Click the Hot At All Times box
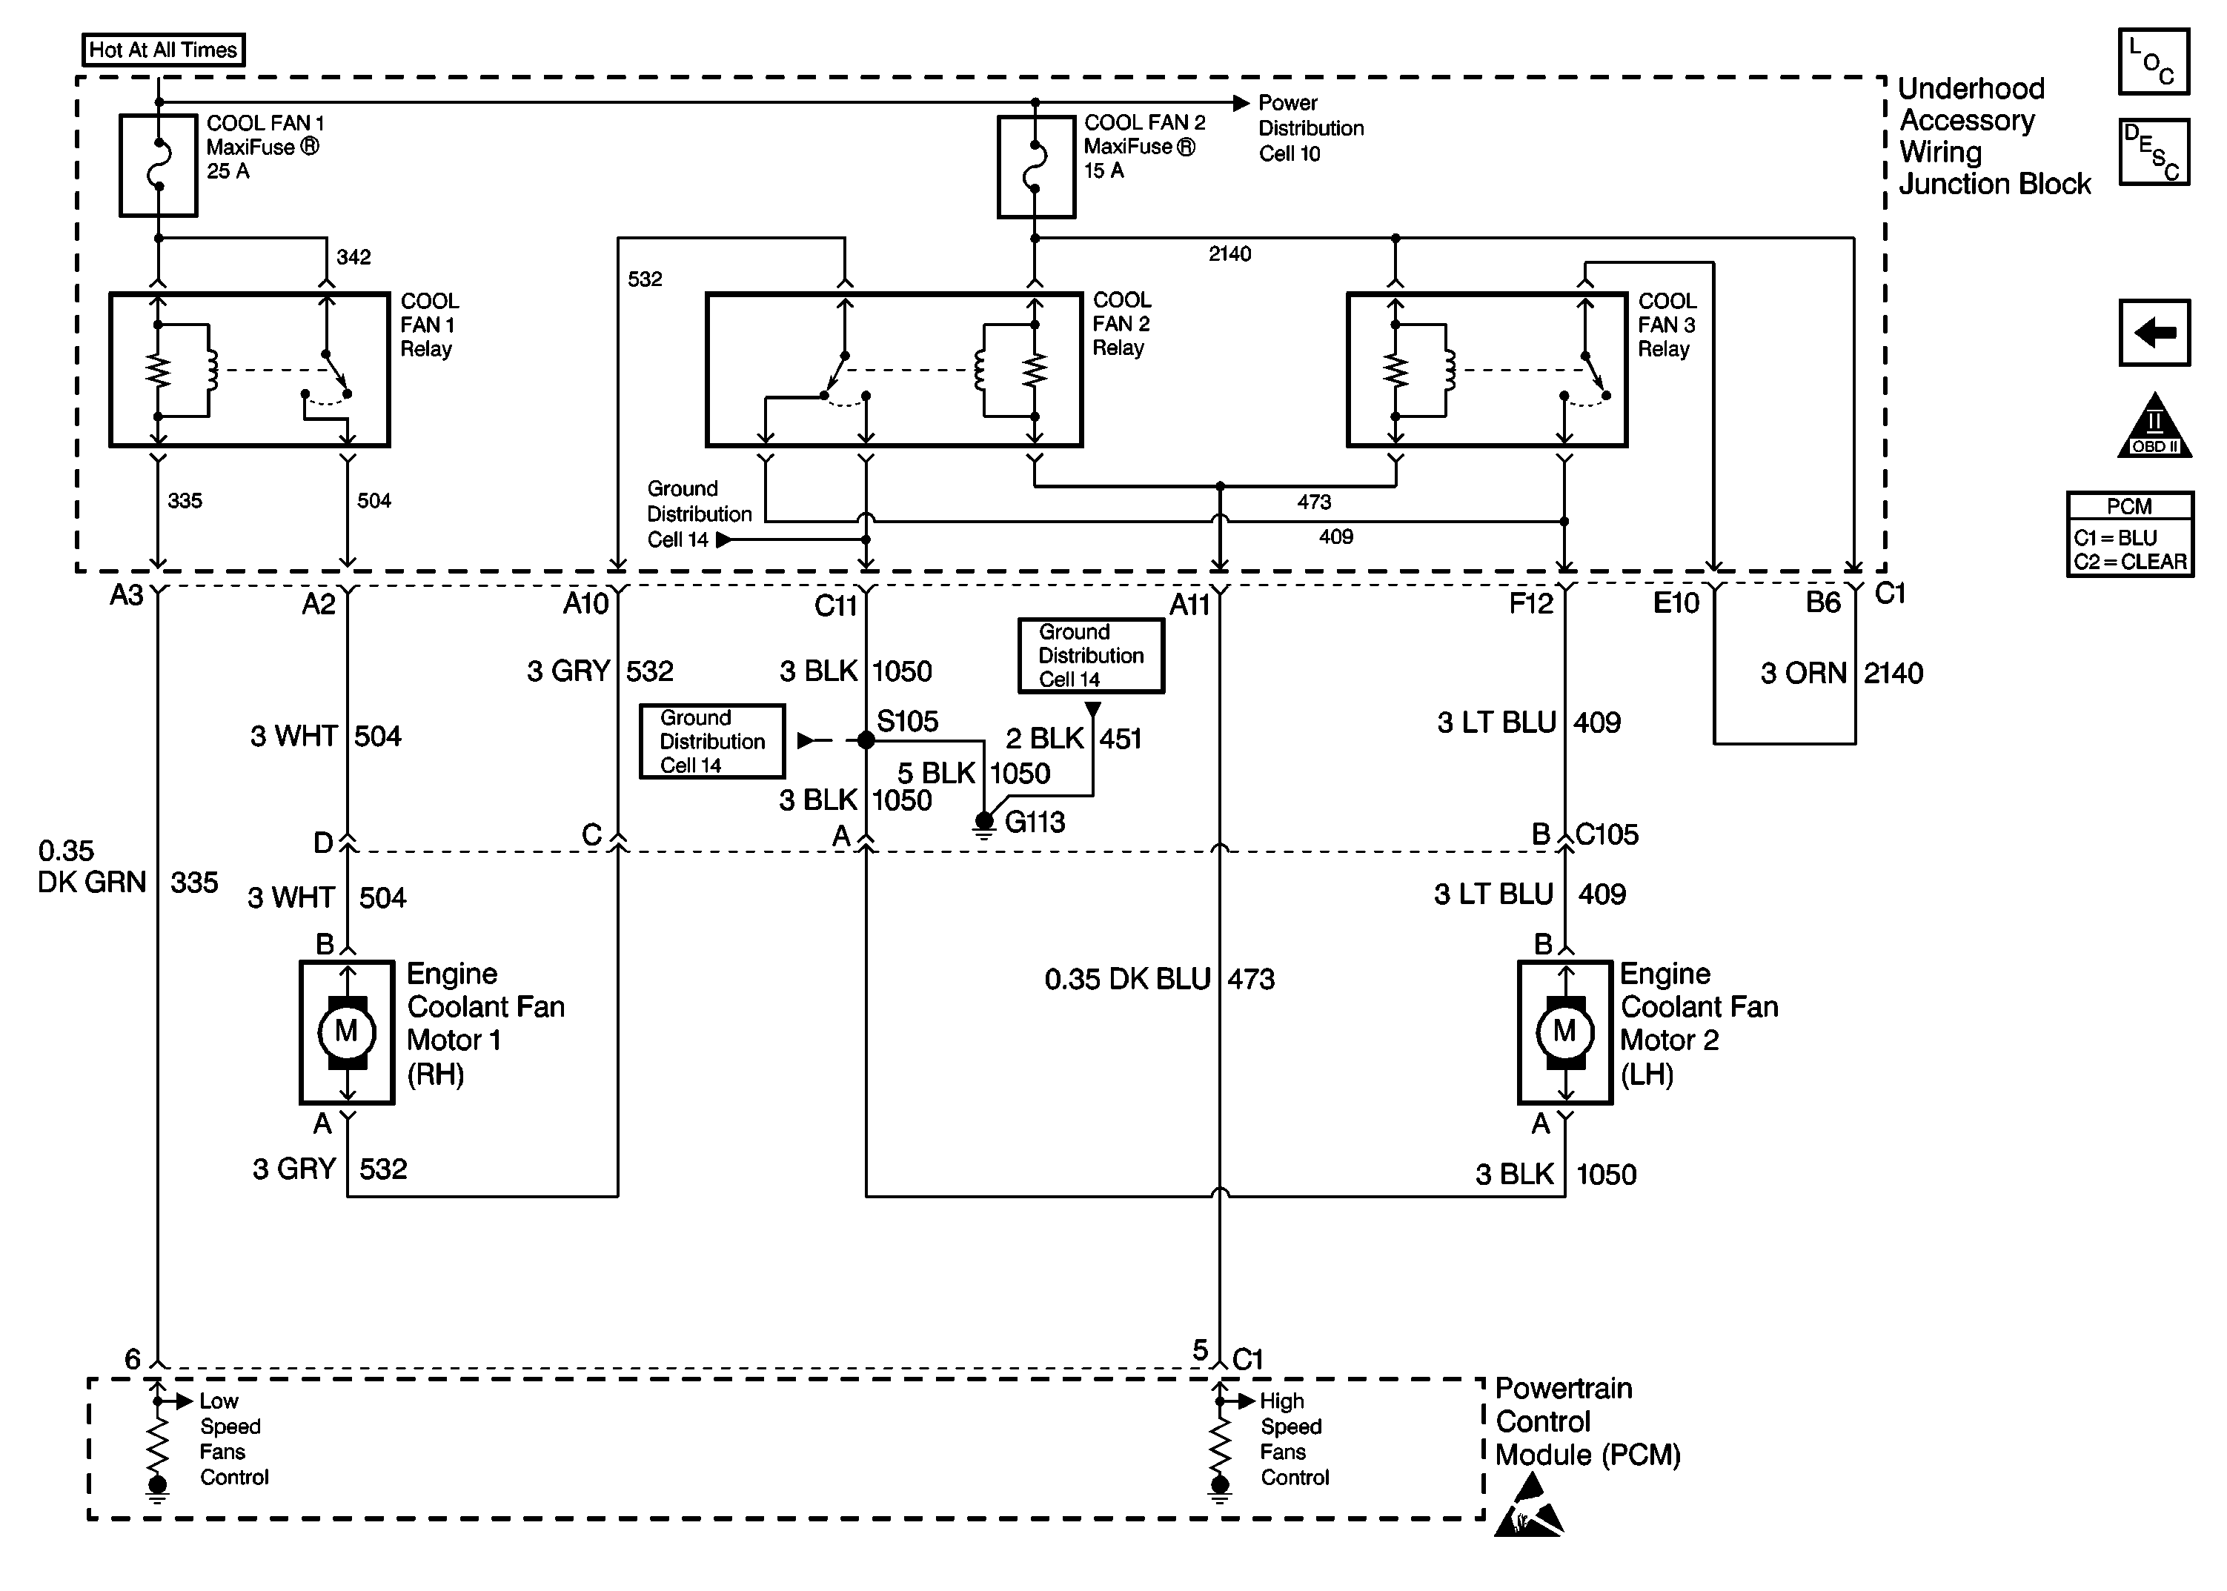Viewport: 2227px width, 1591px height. pyautogui.click(x=162, y=50)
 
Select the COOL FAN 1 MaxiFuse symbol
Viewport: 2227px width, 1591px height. pyautogui.click(x=158, y=165)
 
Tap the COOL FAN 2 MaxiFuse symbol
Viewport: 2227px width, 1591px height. pyautogui.click(x=1035, y=165)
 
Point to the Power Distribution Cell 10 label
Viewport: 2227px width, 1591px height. pyautogui.click(x=1310, y=128)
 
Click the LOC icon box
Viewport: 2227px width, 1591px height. pyautogui.click(x=2153, y=62)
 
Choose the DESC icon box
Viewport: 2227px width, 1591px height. pyautogui.click(x=2153, y=153)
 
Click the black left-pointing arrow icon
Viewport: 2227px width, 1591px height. pyautogui.click(x=2154, y=333)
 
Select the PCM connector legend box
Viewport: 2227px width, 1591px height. pyautogui.click(x=2129, y=534)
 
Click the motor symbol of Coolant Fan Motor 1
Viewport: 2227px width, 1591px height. pyautogui.click(x=347, y=1032)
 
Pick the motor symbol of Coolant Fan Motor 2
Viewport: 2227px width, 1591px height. pyautogui.click(x=1564, y=1032)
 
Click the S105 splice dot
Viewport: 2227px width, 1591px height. pyautogui.click(x=866, y=740)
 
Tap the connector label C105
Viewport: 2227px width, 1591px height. pyautogui.click(x=1607, y=834)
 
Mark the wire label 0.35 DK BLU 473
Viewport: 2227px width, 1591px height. pyautogui.click(x=1159, y=980)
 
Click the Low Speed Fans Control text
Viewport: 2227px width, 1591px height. pyautogui.click(x=233, y=1439)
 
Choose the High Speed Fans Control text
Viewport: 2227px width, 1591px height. pyautogui.click(x=1293, y=1439)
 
